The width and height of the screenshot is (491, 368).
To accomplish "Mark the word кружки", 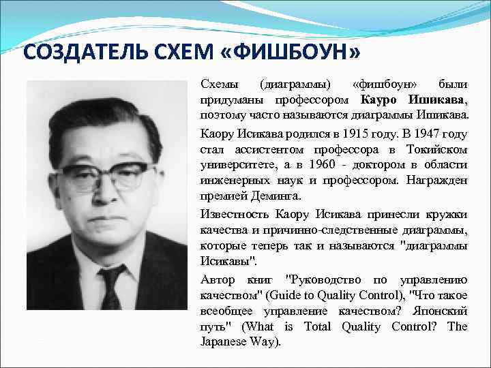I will point(446,213).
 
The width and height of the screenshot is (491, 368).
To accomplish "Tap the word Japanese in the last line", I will point(224,341).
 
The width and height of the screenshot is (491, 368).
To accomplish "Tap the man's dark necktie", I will point(110,286).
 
